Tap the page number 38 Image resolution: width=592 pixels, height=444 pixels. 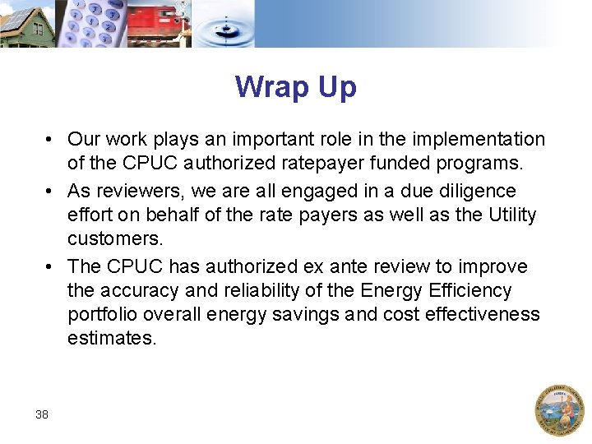pos(42,414)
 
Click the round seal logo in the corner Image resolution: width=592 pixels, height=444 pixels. pos(559,409)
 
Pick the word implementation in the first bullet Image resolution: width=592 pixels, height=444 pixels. pos(473,140)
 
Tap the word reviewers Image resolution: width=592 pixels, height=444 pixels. pos(141,192)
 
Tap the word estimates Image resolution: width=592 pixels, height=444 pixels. pos(112,339)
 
